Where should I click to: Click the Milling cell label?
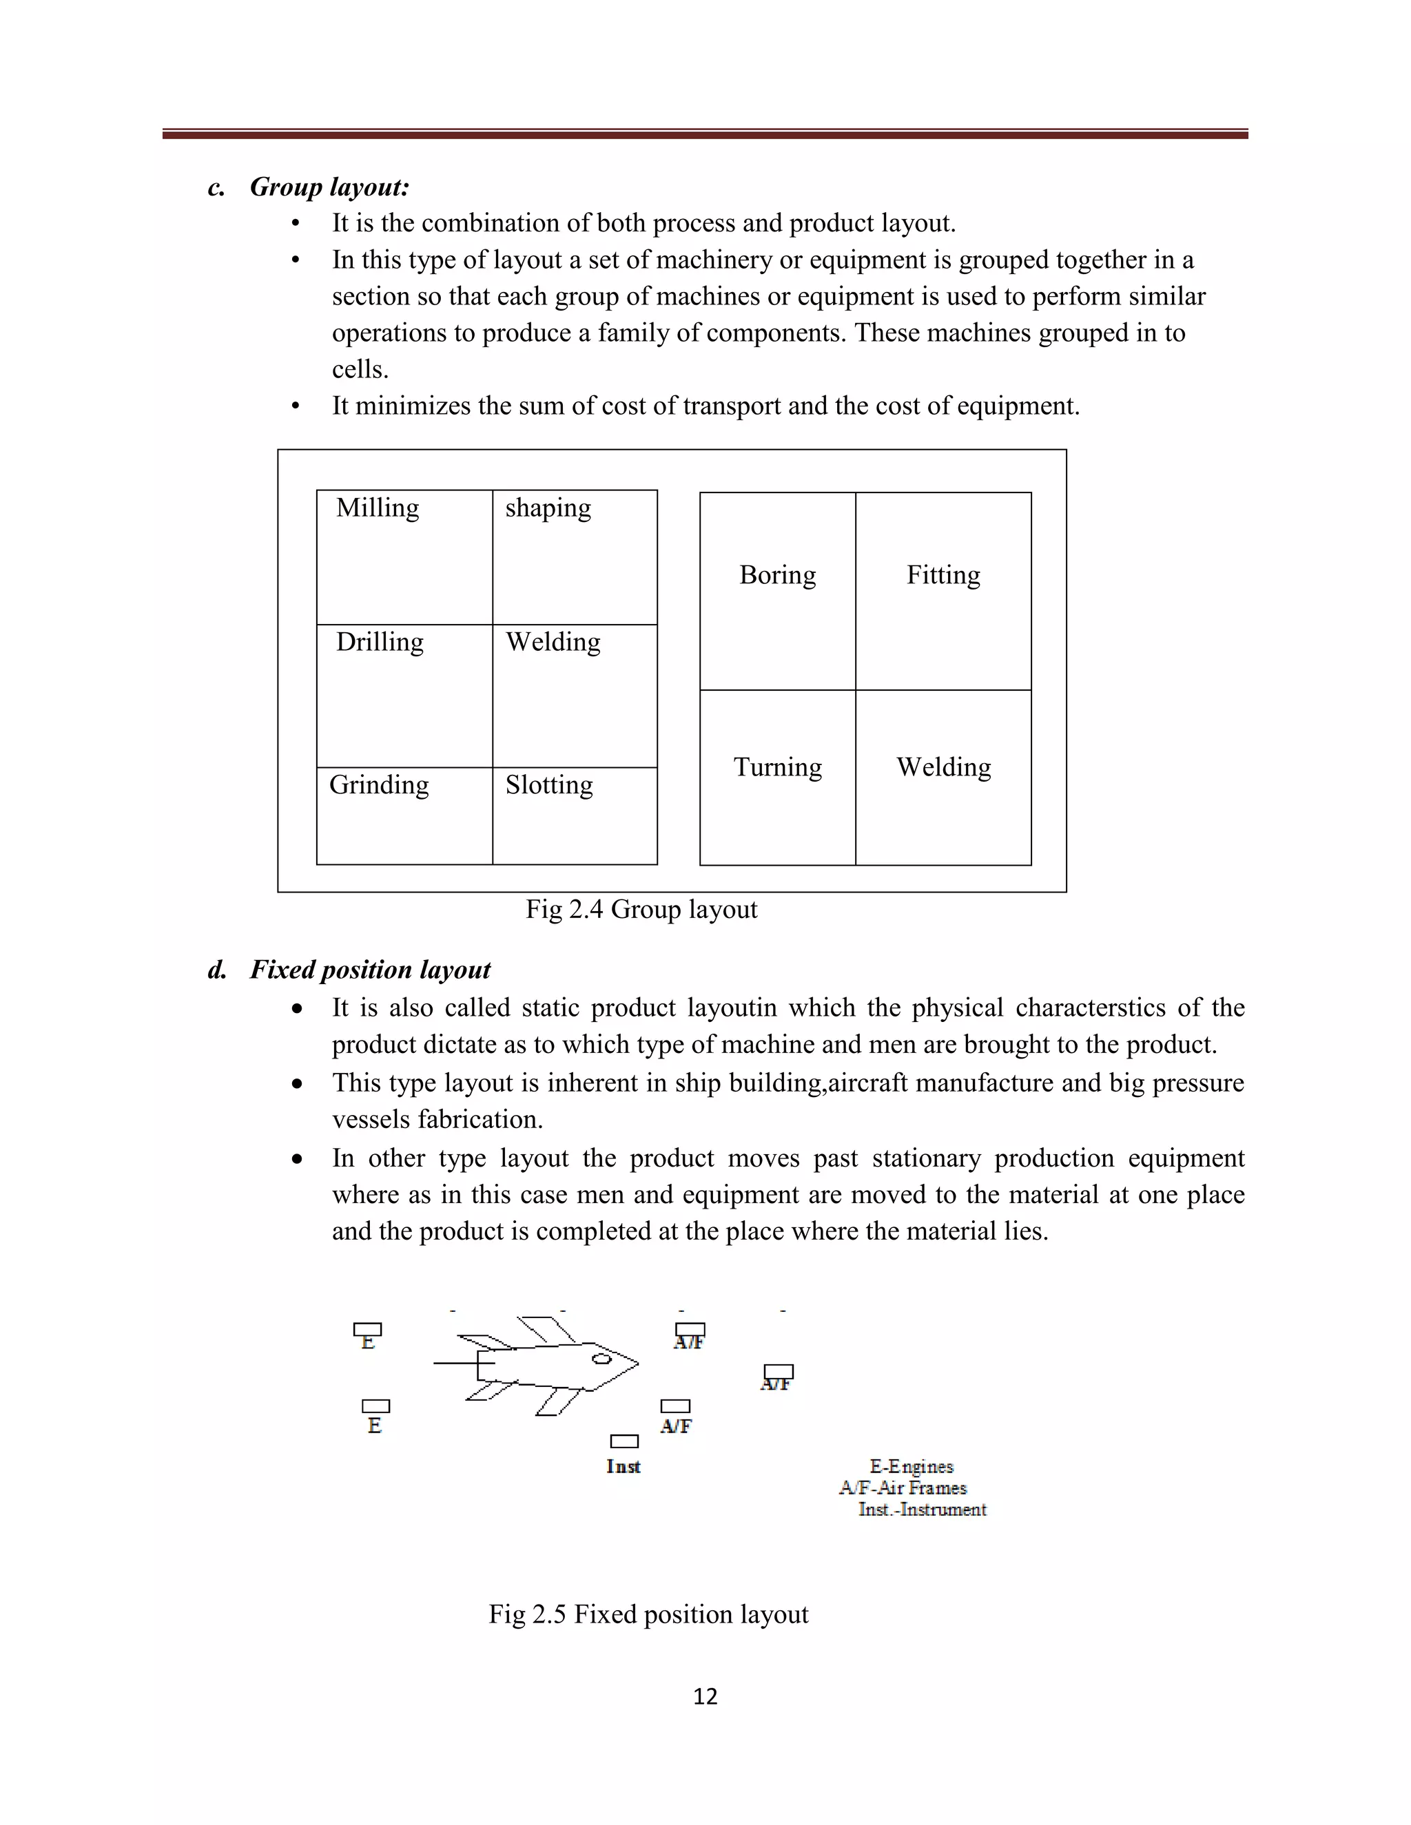click(x=378, y=508)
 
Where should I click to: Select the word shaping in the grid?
click(x=548, y=508)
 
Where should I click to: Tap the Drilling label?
click(x=380, y=642)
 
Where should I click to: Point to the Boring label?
click(x=777, y=575)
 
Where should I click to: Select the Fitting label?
click(x=943, y=575)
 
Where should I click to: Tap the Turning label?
click(x=777, y=767)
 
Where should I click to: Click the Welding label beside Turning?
click(x=944, y=767)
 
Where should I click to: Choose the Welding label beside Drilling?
click(x=553, y=642)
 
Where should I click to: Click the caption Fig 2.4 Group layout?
click(x=641, y=909)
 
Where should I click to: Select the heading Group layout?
click(x=329, y=187)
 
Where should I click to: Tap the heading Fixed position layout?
click(x=369, y=970)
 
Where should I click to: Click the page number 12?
click(x=705, y=1696)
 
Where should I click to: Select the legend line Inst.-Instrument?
click(x=922, y=1509)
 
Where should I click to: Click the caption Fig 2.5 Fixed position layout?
click(x=648, y=1614)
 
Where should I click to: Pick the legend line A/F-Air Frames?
click(x=903, y=1488)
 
